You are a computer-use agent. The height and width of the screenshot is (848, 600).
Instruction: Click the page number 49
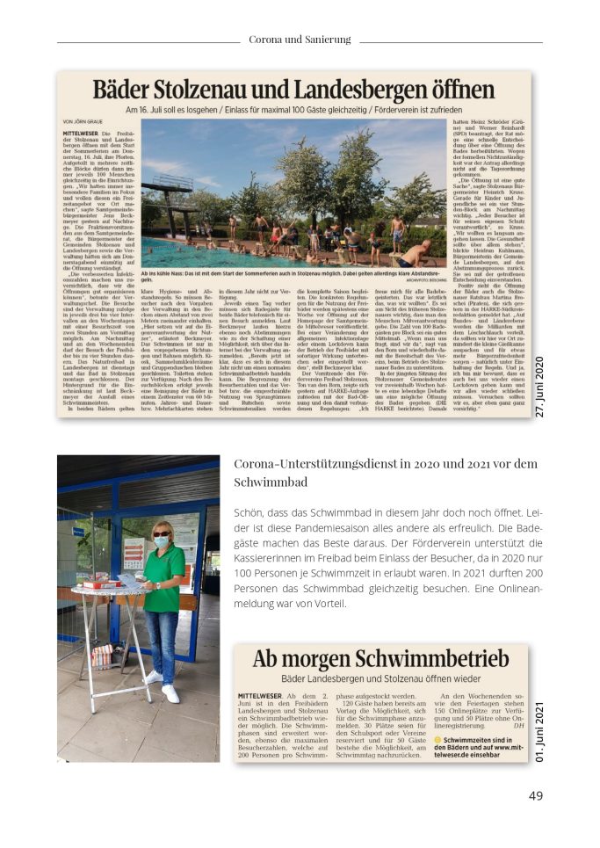tap(535, 796)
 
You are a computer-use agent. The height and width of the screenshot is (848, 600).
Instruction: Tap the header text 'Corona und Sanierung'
tap(300, 40)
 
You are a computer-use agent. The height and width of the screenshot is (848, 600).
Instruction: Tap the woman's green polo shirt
tap(164, 580)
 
